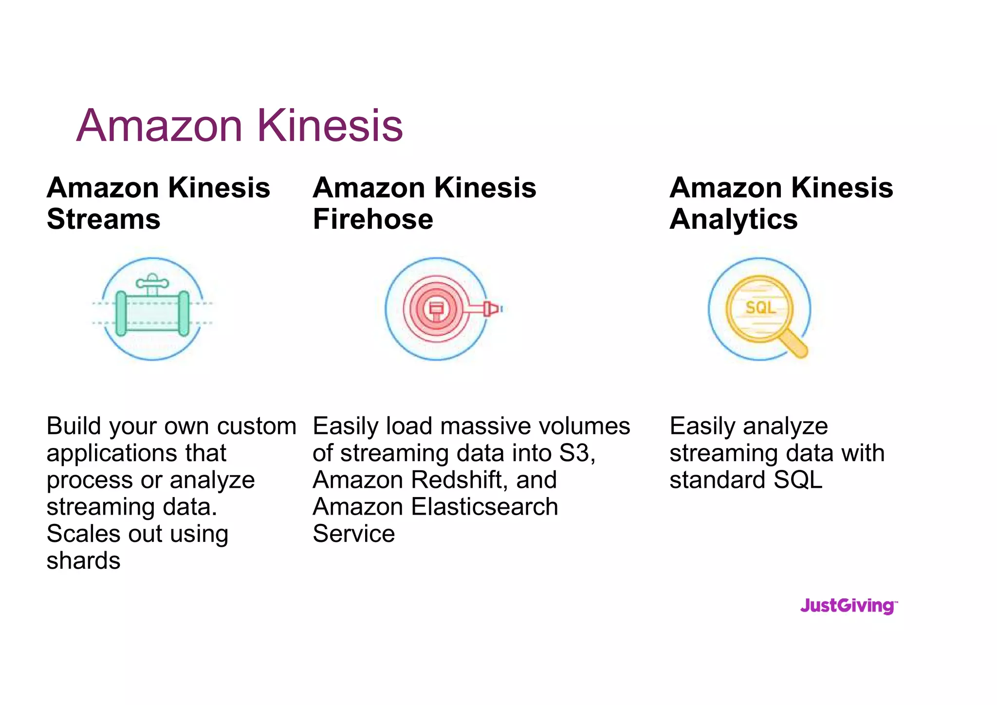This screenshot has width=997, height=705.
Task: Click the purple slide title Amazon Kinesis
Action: pyautogui.click(x=240, y=126)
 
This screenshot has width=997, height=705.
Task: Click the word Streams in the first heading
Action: pyautogui.click(x=104, y=219)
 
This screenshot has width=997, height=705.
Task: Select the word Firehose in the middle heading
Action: pyautogui.click(x=373, y=219)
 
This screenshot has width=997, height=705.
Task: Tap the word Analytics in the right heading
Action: pyautogui.click(x=734, y=219)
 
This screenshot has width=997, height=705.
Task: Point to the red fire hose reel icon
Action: pyautogui.click(x=436, y=309)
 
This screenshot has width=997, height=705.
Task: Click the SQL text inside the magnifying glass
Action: pyautogui.click(x=760, y=308)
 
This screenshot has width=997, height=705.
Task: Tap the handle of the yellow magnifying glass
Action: pyautogui.click(x=794, y=345)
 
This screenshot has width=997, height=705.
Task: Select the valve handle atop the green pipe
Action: pyautogui.click(x=152, y=282)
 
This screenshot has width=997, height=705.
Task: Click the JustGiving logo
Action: pyautogui.click(x=849, y=606)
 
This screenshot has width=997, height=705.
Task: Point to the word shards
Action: pyautogui.click(x=83, y=561)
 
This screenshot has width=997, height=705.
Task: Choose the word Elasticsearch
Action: pyautogui.click(x=484, y=507)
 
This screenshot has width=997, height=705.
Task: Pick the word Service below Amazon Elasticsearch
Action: pyautogui.click(x=353, y=534)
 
